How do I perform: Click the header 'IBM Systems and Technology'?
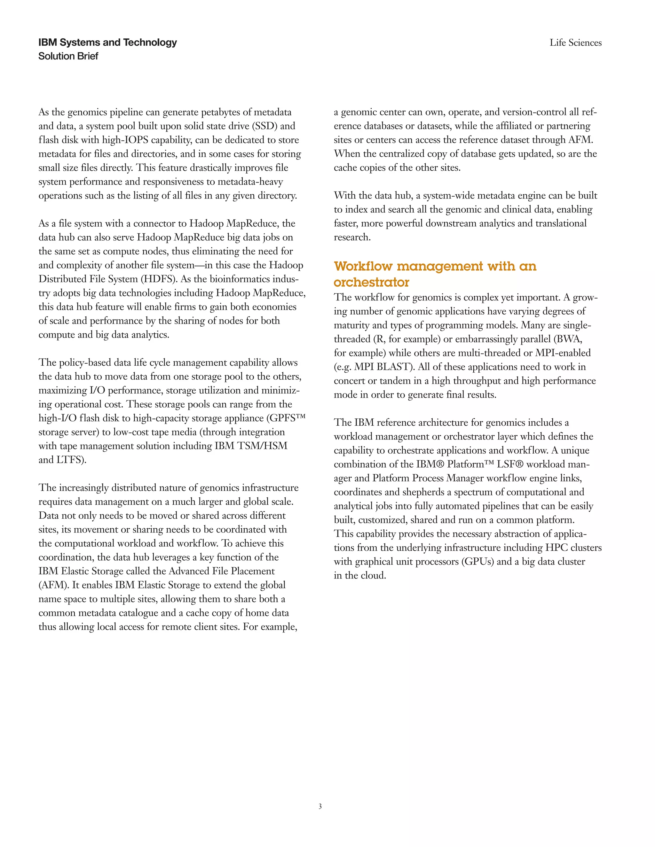pos(107,42)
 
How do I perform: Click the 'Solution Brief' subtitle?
pos(68,56)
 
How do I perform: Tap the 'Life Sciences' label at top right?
pos(575,43)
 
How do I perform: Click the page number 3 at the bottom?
pos(320,806)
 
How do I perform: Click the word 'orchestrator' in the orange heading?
pos(371,282)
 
